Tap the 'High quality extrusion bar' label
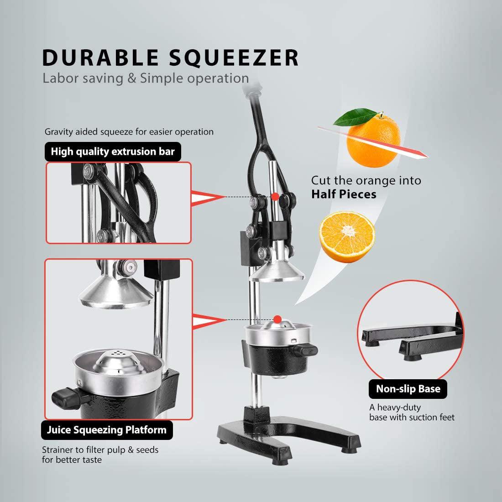[113, 152]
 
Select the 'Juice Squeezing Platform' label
[107, 429]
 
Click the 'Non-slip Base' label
[408, 389]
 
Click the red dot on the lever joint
[275, 196]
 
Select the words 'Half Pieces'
[344, 194]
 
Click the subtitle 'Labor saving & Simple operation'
[146, 78]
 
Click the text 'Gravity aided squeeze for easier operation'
[129, 132]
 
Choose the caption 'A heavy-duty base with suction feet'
[412, 412]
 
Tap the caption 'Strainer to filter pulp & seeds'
[100, 450]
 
